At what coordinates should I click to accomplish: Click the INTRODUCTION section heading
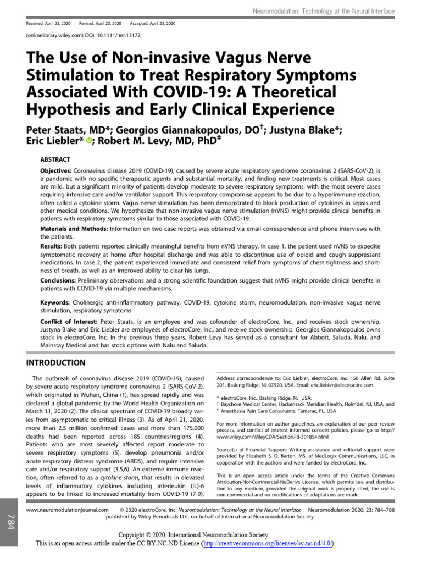[x=56, y=363]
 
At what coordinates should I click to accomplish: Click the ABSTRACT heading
[x=54, y=159]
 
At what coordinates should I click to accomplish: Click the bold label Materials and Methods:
[x=74, y=228]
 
